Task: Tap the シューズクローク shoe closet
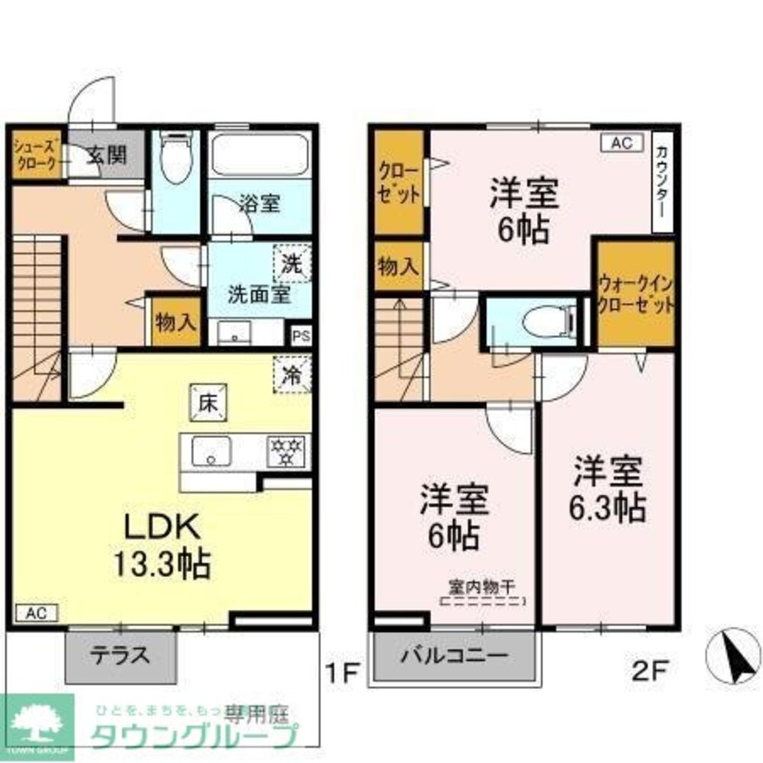[x=36, y=156]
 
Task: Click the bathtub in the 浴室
[x=259, y=156]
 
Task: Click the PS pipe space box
[x=300, y=336]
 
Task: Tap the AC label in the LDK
[x=36, y=613]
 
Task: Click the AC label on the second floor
[x=622, y=143]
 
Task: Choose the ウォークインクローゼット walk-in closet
[x=636, y=295]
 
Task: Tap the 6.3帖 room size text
[x=607, y=507]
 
